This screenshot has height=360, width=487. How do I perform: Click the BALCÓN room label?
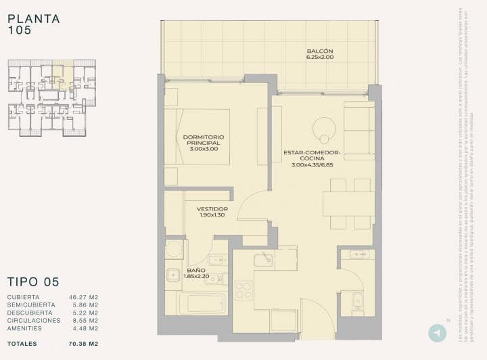coord(320,51)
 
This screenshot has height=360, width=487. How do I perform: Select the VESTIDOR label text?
coord(212,209)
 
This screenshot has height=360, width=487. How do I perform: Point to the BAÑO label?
coord(196,271)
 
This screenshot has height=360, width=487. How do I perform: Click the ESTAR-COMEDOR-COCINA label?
coord(312,156)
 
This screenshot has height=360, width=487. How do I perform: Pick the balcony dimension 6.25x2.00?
coord(320,58)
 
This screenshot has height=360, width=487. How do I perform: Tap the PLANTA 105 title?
coord(34,24)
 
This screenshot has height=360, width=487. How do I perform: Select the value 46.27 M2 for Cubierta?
coord(84,297)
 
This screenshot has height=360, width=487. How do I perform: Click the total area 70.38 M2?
coord(84,344)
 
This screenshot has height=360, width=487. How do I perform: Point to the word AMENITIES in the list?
coord(24,328)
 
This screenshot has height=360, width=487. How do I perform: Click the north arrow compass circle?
coord(438,333)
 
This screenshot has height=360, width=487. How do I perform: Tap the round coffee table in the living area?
coord(324,128)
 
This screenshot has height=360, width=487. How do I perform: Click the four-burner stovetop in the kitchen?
coord(243,290)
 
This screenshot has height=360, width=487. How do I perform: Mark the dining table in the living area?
coord(348,204)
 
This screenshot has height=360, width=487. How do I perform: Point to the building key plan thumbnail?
coord(51,98)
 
